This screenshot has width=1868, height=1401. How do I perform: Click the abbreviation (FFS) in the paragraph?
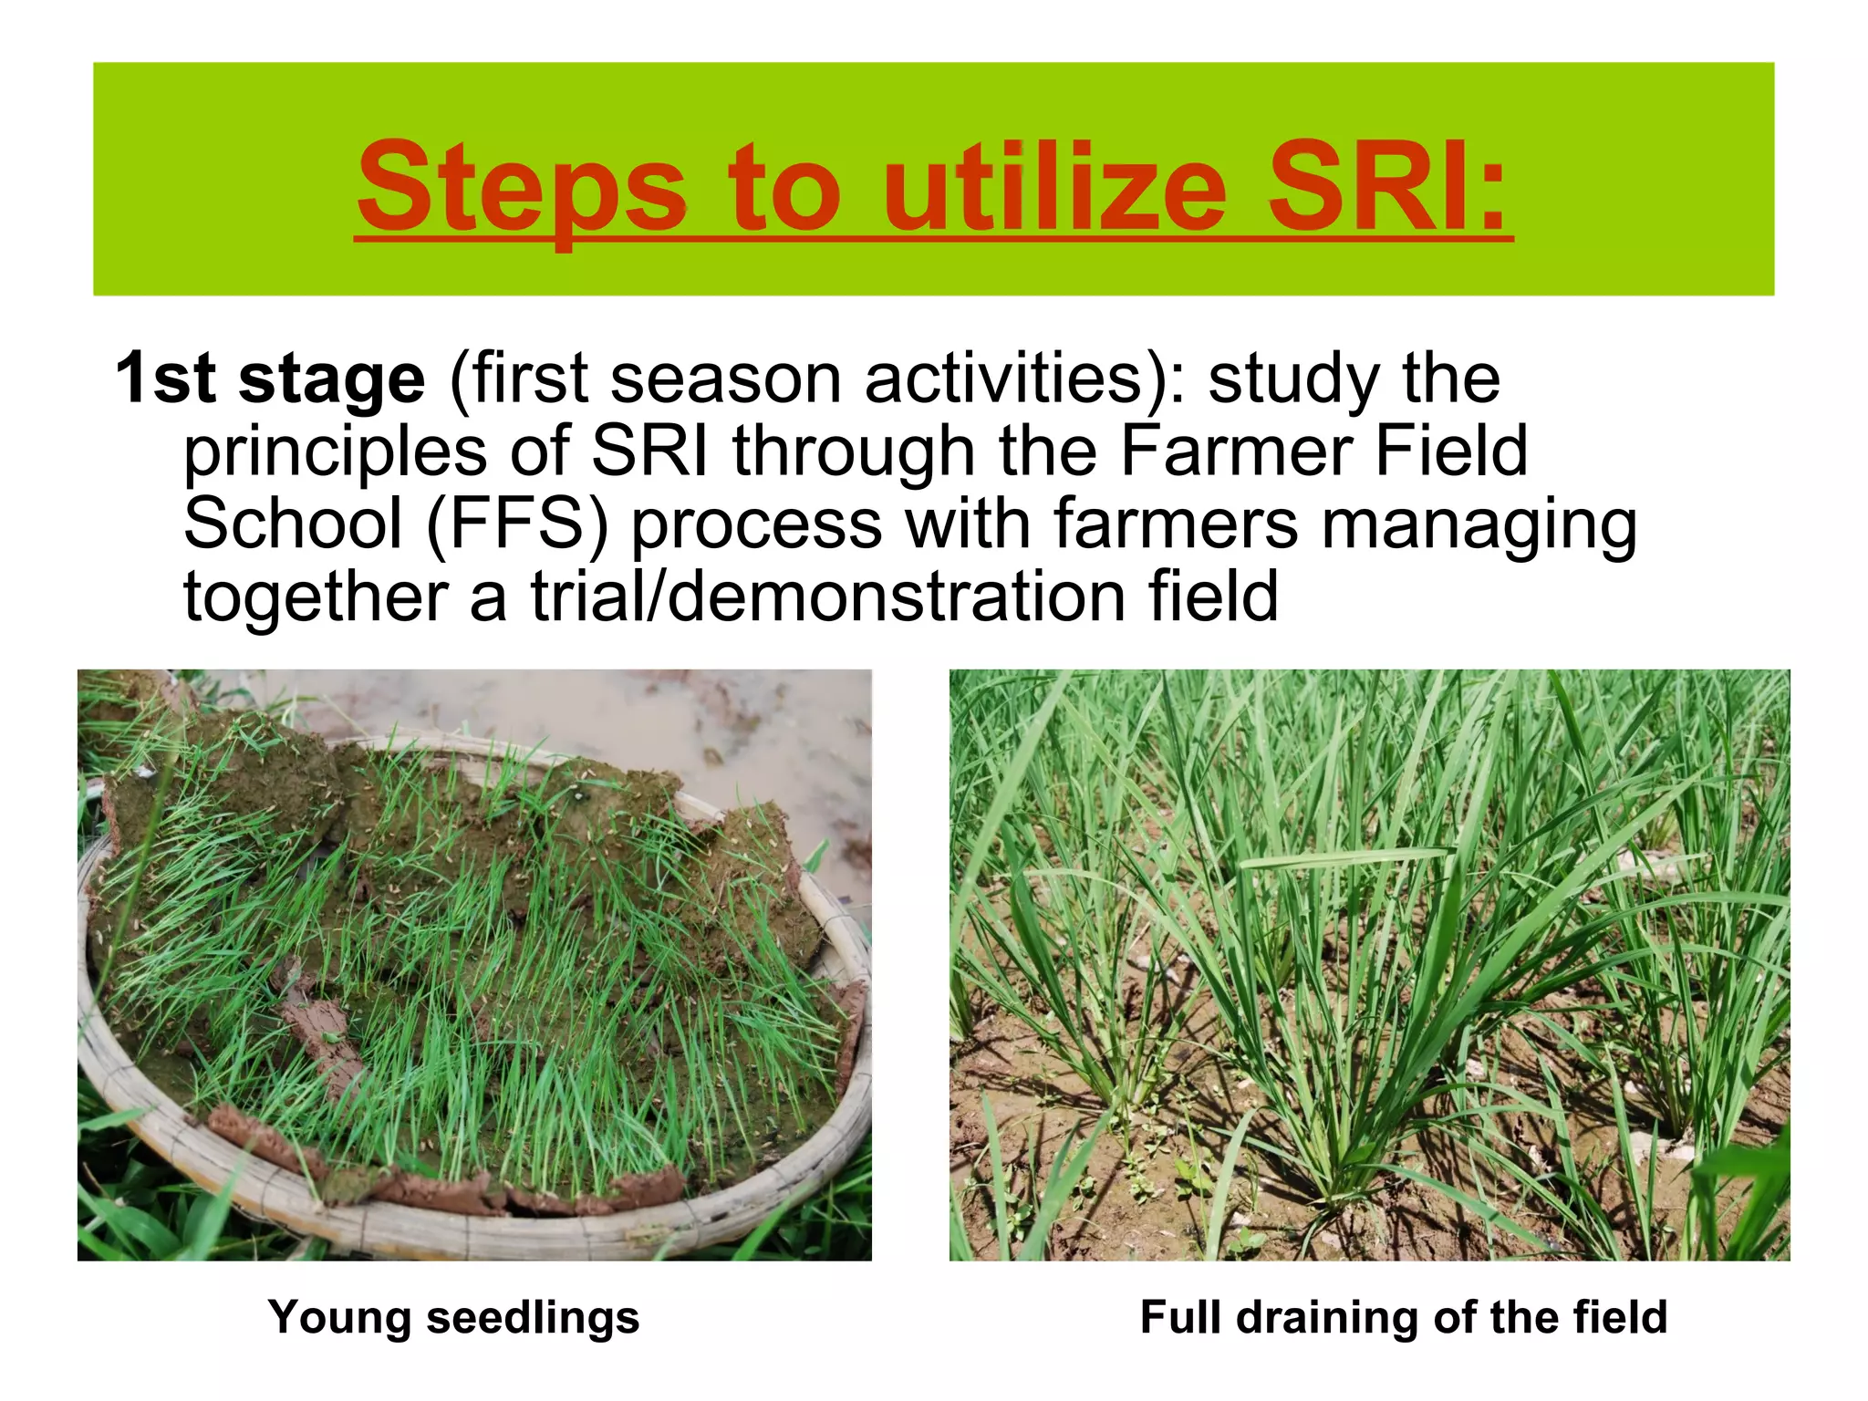point(516,525)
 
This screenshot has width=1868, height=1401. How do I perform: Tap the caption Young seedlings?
point(453,1318)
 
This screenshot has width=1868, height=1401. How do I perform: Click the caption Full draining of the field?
point(1404,1318)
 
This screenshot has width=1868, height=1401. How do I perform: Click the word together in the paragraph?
point(315,598)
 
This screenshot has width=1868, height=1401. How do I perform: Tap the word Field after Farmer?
point(1450,451)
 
